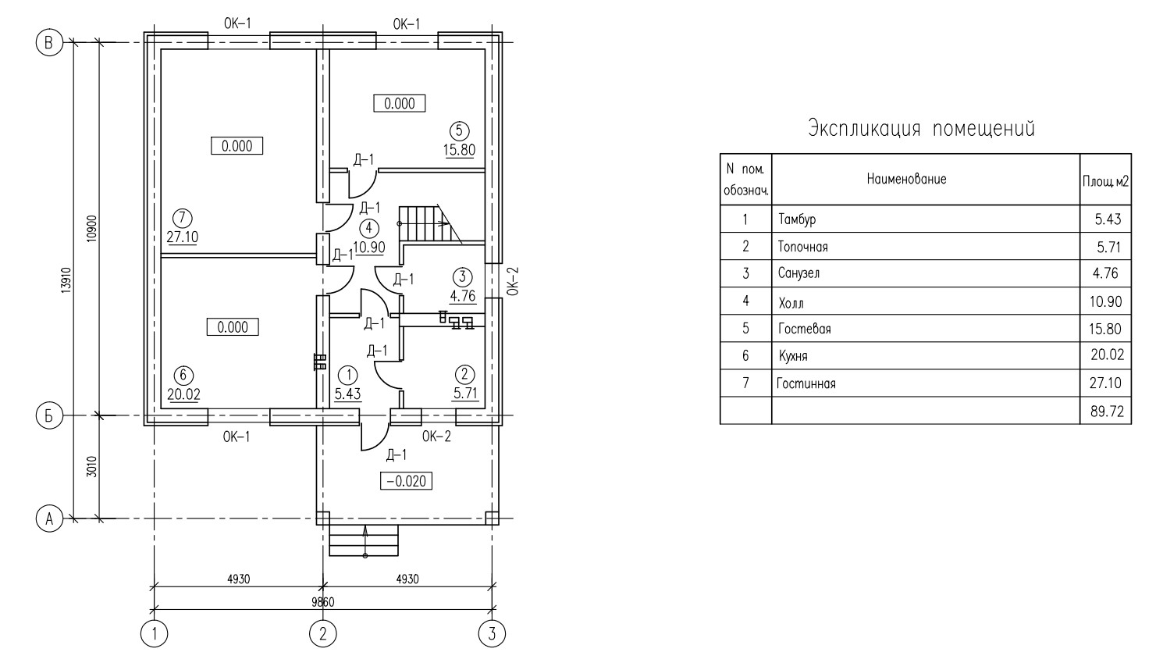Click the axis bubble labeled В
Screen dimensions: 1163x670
pyautogui.click(x=49, y=43)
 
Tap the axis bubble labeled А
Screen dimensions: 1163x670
pyautogui.click(x=49, y=519)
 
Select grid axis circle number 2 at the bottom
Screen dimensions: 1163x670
pyautogui.click(x=323, y=633)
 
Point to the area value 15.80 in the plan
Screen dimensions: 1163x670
pyautogui.click(x=459, y=150)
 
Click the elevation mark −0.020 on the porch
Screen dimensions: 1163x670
pyautogui.click(x=407, y=481)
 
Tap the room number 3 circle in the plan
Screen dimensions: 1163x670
pyautogui.click(x=462, y=276)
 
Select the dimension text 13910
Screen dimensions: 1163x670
pyautogui.click(x=66, y=280)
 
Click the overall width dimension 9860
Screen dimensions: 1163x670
pyautogui.click(x=323, y=602)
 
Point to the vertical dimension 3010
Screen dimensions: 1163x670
pyautogui.click(x=91, y=467)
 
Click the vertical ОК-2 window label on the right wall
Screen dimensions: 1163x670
pyautogui.click(x=513, y=281)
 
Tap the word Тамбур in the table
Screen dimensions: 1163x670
pyautogui.click(x=797, y=219)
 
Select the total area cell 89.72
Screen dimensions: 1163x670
pyautogui.click(x=1107, y=412)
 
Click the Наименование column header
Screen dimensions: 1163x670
pyautogui.click(x=906, y=179)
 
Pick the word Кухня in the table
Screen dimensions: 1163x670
pyautogui.click(x=793, y=356)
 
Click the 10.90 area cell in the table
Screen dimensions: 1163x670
pyautogui.click(x=1105, y=301)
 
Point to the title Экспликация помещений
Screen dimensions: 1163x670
pyautogui.click(x=921, y=128)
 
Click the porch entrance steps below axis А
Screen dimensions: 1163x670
pyautogui.click(x=364, y=540)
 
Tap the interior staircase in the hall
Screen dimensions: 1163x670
pyautogui.click(x=430, y=224)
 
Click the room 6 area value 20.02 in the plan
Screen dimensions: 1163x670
pyautogui.click(x=183, y=394)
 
